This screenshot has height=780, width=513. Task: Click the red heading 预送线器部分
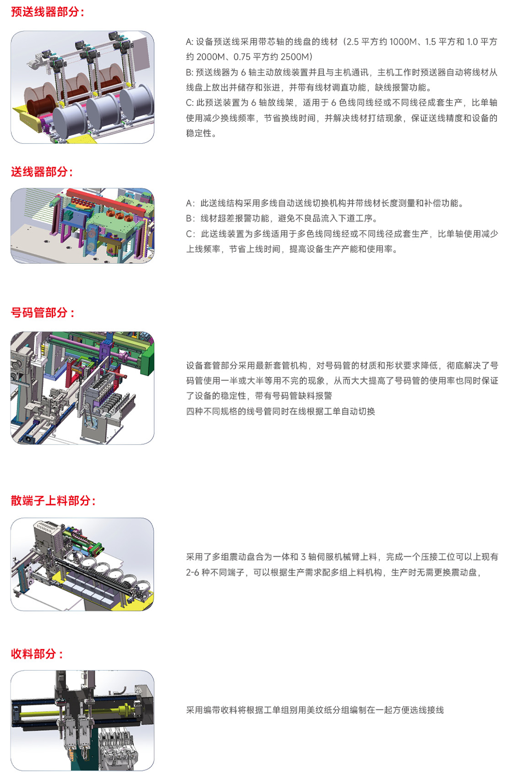(45, 12)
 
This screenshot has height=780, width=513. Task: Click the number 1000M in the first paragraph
(403, 42)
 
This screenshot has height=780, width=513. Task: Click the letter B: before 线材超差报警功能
(190, 218)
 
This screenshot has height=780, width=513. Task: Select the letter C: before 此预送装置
(190, 103)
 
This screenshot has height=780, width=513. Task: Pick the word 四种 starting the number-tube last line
(195, 411)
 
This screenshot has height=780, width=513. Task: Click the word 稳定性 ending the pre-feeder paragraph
(199, 133)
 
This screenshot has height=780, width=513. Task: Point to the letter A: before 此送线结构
(190, 203)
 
